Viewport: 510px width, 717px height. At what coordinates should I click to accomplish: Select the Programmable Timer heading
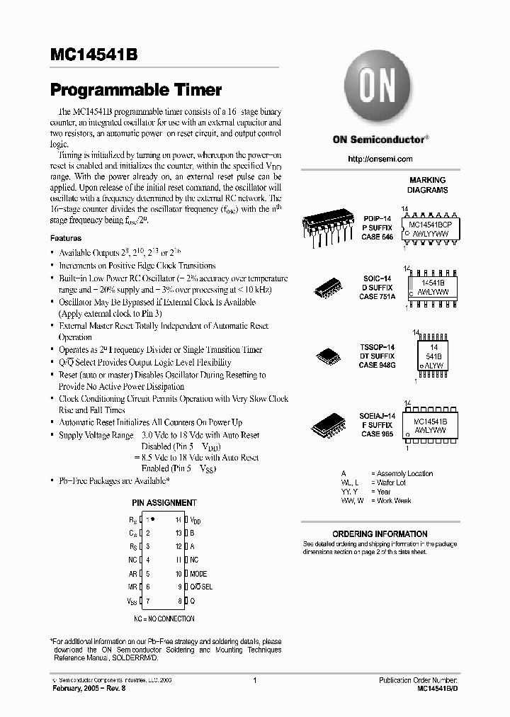tap(135, 90)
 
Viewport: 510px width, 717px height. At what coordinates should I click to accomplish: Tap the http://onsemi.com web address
tap(380, 159)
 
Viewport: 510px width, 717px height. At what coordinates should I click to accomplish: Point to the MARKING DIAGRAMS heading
tap(427, 185)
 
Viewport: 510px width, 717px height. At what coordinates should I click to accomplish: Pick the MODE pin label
tap(198, 573)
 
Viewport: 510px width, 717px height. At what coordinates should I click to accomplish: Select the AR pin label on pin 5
tap(132, 573)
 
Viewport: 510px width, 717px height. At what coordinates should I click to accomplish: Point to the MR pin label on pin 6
tap(132, 587)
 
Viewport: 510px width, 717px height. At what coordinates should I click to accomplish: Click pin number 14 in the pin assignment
tap(179, 519)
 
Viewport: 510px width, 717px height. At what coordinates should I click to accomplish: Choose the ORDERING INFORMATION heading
tap(380, 533)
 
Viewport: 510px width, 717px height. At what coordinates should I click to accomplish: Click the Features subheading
tap(65, 239)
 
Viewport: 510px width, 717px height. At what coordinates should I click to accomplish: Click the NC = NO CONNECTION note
tap(164, 619)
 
